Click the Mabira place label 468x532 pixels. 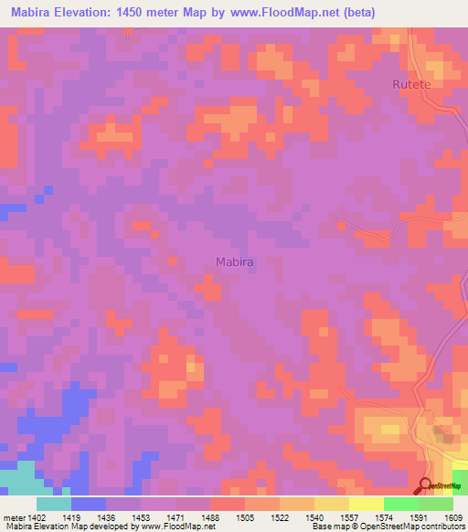point(234,262)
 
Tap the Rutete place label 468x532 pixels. point(410,84)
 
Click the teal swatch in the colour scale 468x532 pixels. point(54,504)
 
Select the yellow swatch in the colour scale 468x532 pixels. point(367,504)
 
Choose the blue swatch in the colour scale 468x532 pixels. point(89,504)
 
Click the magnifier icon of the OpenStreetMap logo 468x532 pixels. point(425,485)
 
